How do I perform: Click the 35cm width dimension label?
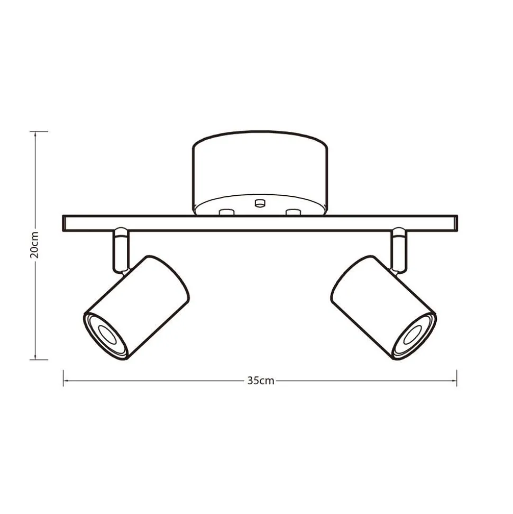coord(260,381)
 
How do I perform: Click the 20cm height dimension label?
coord(34,245)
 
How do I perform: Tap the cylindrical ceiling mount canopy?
coord(260,173)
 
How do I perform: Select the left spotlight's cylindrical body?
coord(137,308)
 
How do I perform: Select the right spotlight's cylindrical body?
coord(383,308)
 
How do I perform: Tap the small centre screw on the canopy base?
coord(260,203)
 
